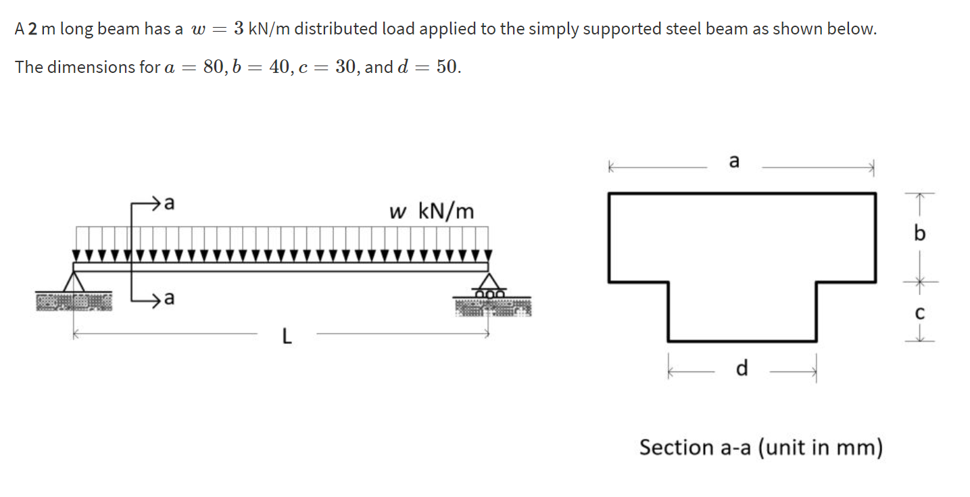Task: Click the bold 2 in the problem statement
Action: (32, 30)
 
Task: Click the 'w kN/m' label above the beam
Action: (432, 212)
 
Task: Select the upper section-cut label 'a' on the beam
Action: (170, 202)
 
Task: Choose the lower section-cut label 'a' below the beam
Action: (170, 298)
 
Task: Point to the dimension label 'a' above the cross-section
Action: (735, 161)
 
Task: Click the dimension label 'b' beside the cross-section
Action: (918, 234)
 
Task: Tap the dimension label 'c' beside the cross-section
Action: (919, 313)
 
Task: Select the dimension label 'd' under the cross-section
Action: (742, 369)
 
